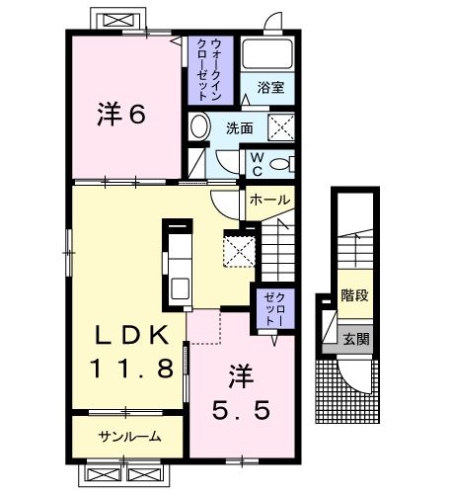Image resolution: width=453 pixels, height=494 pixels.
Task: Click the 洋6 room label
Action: pyautogui.click(x=121, y=116)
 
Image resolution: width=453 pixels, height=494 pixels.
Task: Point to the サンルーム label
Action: pyautogui.click(x=128, y=436)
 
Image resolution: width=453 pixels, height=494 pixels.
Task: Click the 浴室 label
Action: pyautogui.click(x=271, y=88)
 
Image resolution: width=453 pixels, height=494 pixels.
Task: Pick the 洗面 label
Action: pyautogui.click(x=240, y=128)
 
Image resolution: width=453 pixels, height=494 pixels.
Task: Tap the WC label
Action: pyautogui.click(x=255, y=162)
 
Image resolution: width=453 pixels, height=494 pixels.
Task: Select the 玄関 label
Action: pyautogui.click(x=356, y=340)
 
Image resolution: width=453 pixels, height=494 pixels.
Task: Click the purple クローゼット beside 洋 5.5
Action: pyautogui.click(x=271, y=308)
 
